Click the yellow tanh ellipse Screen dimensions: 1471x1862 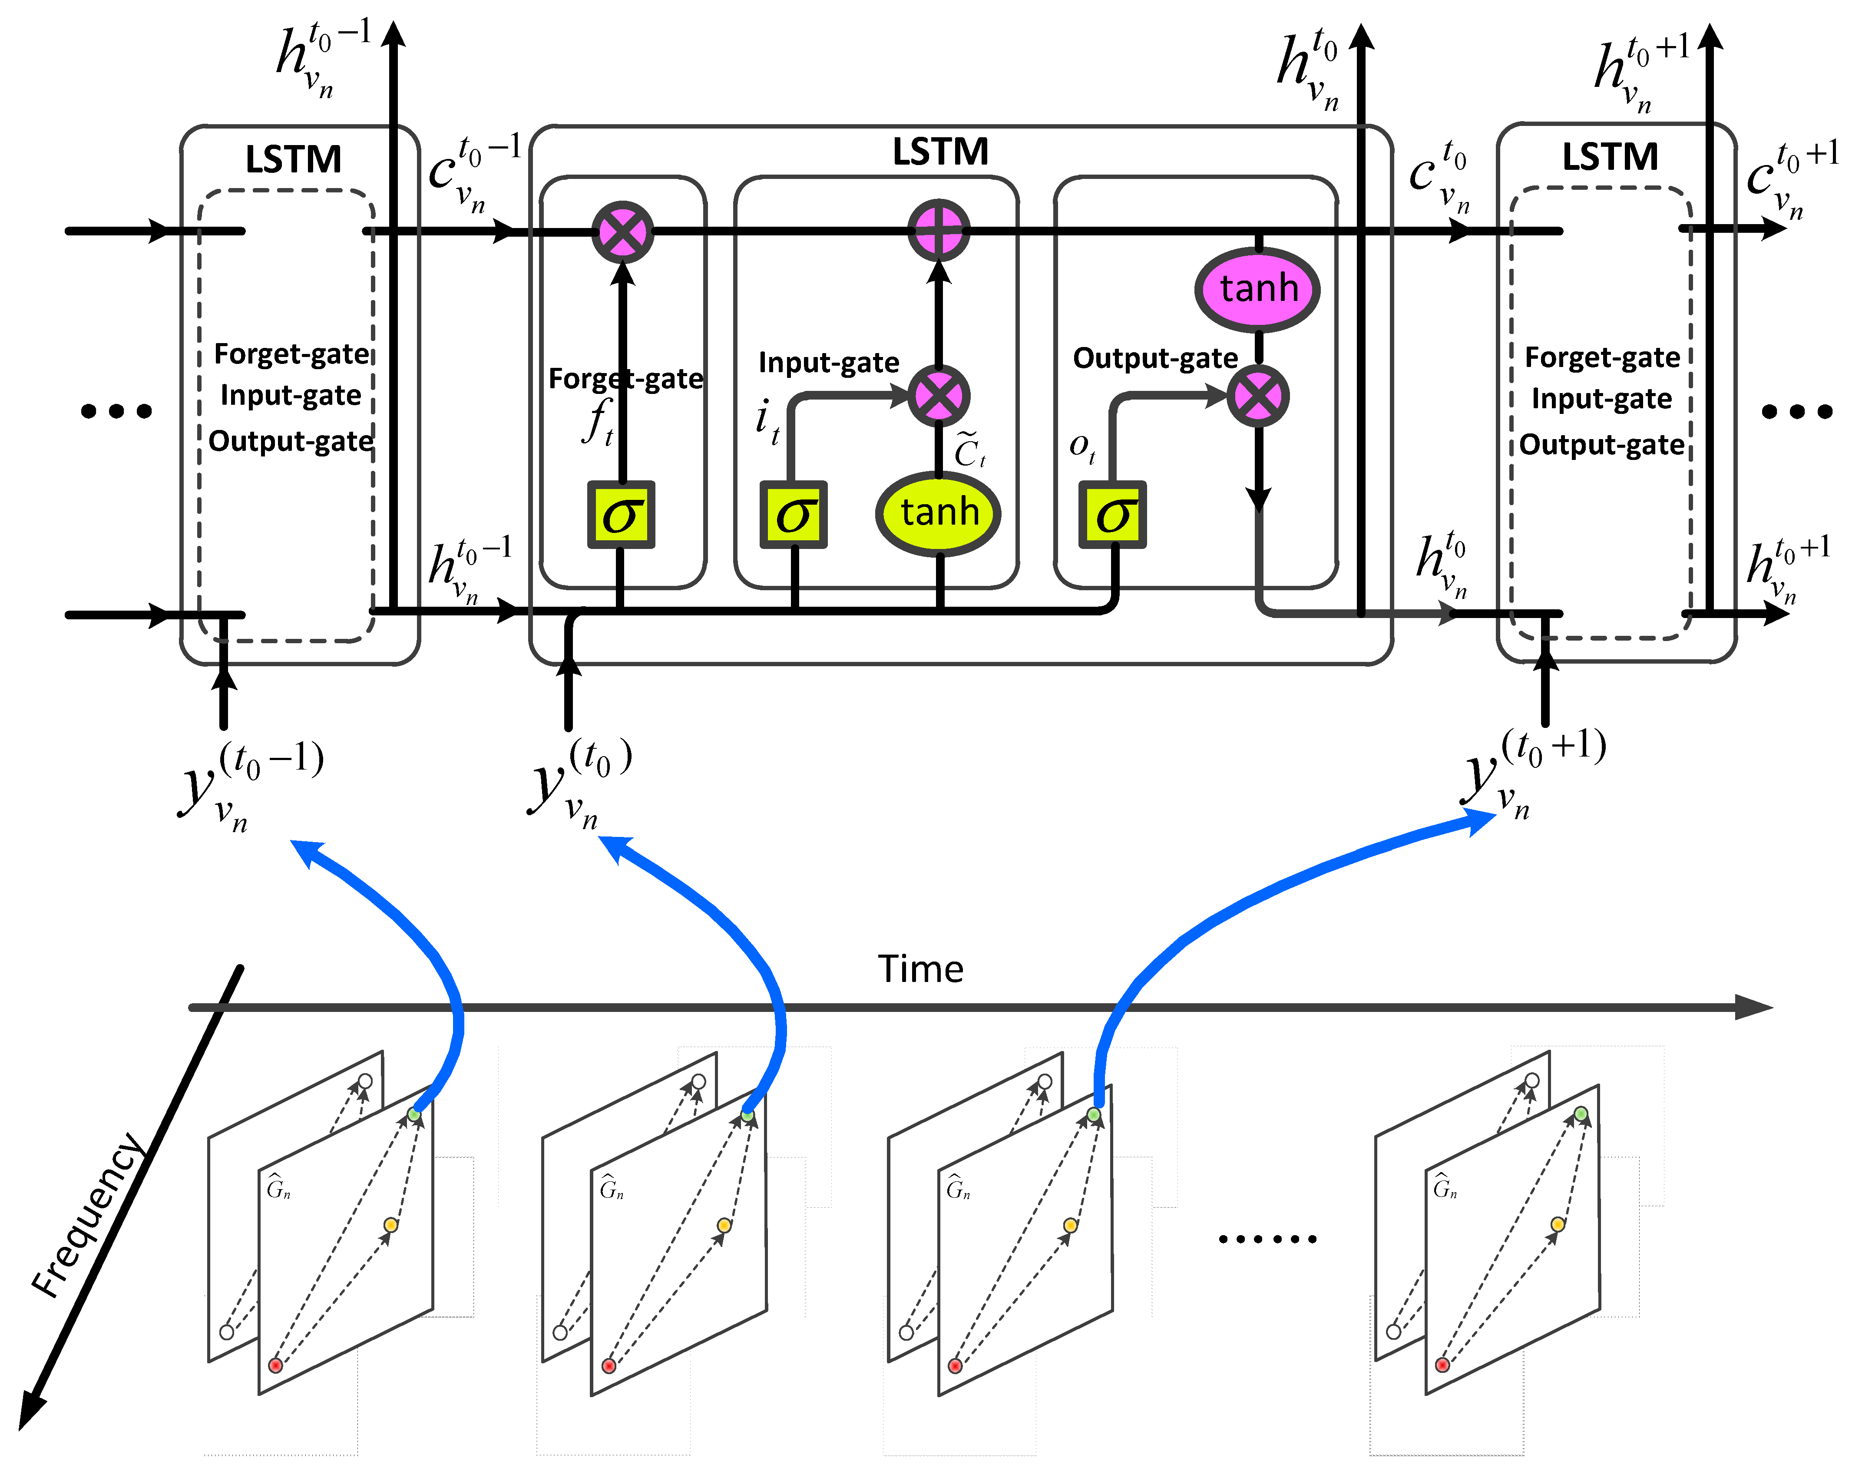click(x=939, y=513)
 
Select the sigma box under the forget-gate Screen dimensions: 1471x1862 click(x=621, y=515)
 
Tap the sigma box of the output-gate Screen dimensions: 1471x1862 click(x=1113, y=515)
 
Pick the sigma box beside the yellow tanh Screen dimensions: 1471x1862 click(x=793, y=515)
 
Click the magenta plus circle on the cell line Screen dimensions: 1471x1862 click(x=939, y=231)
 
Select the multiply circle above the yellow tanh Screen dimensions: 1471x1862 click(x=939, y=396)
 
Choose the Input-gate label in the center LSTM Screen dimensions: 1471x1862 click(x=829, y=363)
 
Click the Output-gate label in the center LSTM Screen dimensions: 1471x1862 click(x=1155, y=358)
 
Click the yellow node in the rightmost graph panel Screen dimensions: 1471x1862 click(x=1557, y=1224)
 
